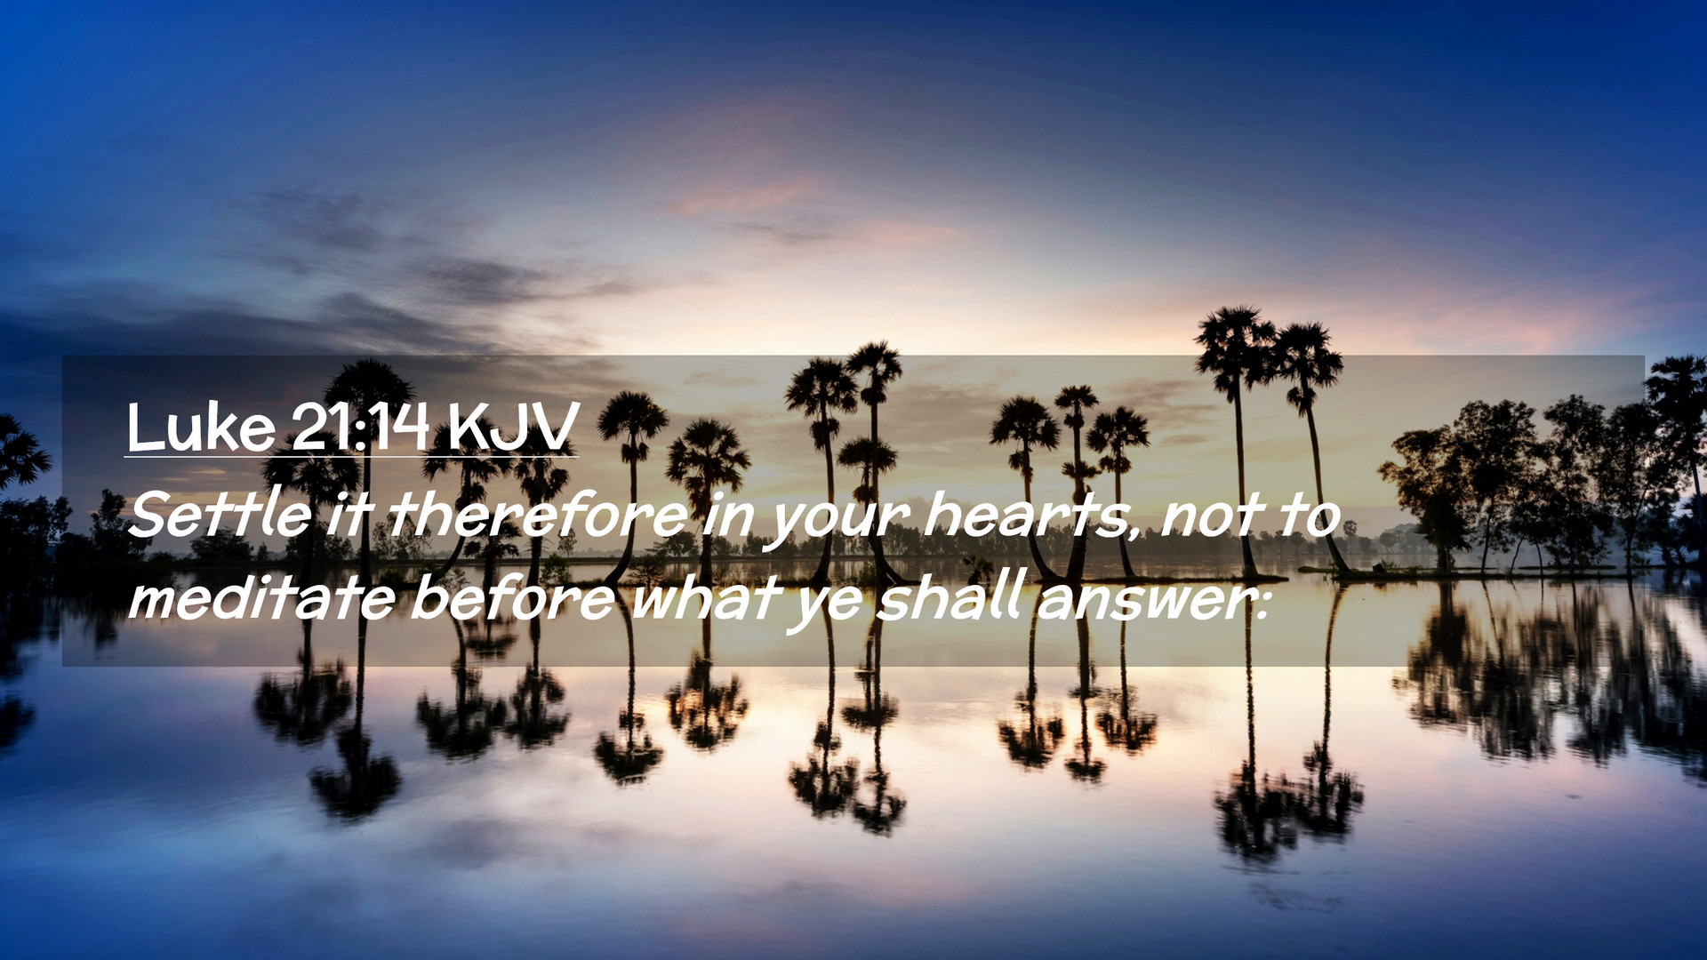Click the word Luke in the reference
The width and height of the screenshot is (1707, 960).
point(201,428)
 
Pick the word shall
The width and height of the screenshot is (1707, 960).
point(950,596)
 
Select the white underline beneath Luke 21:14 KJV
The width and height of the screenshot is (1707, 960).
point(351,457)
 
